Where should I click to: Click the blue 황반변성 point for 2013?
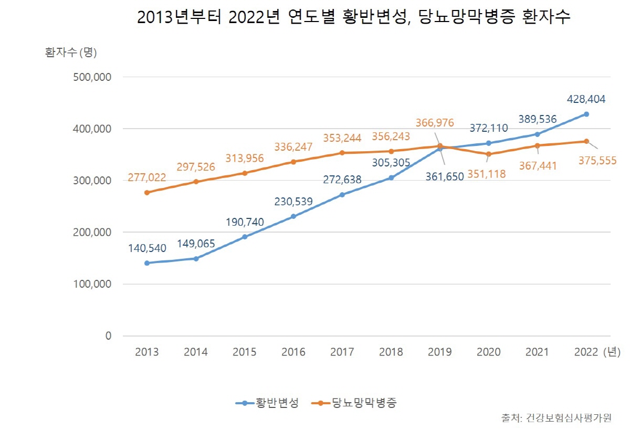[147, 263]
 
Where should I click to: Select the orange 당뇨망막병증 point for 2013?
[147, 193]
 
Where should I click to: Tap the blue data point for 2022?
[586, 114]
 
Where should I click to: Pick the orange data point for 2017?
[342, 153]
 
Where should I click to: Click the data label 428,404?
[586, 99]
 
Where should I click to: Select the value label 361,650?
[445, 177]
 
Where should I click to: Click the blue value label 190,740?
[245, 222]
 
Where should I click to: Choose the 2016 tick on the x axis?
[293, 352]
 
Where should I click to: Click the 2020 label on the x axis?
[489, 352]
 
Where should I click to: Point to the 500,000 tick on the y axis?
[94, 77]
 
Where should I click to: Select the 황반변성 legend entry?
[268, 403]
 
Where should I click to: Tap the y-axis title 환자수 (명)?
[71, 53]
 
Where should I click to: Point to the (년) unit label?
[612, 352]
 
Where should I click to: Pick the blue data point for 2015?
[245, 237]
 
